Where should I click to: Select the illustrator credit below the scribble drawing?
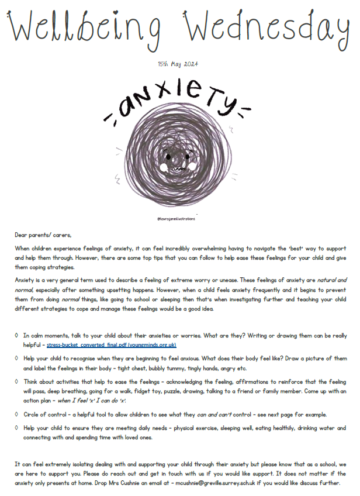pyautogui.click(x=178, y=218)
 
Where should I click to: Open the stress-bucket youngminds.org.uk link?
pyautogui.click(x=112, y=345)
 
